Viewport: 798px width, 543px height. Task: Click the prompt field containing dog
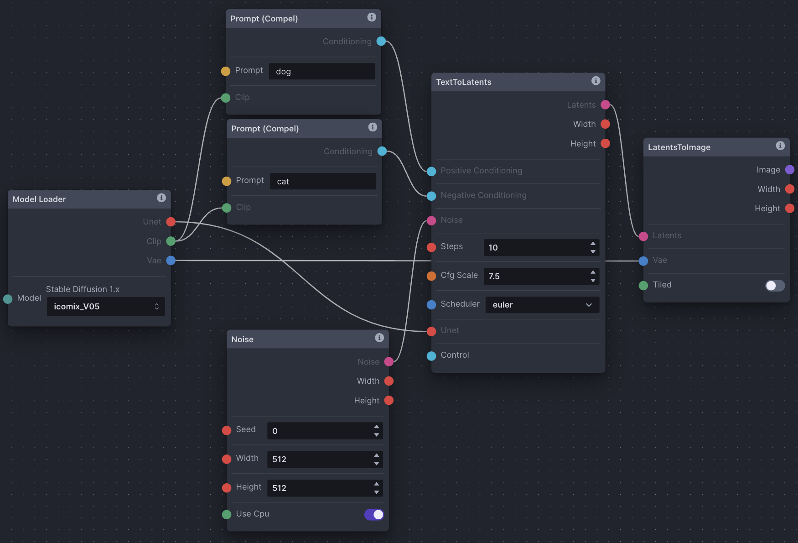point(322,71)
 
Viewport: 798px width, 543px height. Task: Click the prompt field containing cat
point(323,181)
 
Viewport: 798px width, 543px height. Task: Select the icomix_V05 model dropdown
point(106,306)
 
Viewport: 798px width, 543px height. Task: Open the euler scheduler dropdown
point(542,304)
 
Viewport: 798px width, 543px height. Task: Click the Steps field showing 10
point(541,247)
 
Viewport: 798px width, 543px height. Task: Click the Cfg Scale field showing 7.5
point(541,276)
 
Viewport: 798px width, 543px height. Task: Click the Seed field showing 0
point(325,431)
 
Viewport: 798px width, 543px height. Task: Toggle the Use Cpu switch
point(374,514)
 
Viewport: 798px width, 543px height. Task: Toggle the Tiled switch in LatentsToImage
point(775,285)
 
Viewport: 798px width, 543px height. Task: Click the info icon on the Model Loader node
point(161,198)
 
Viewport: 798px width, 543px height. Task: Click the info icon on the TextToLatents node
point(596,81)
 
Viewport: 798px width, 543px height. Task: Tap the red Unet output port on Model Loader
point(171,222)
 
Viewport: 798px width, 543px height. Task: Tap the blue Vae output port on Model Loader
point(171,261)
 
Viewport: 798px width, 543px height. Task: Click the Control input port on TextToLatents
point(431,356)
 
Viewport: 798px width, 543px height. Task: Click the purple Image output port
point(790,170)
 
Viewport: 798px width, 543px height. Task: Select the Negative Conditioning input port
point(431,196)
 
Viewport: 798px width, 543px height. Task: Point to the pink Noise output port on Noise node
point(389,362)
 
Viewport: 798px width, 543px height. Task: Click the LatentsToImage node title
point(679,147)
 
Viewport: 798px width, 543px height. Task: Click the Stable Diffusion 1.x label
point(83,289)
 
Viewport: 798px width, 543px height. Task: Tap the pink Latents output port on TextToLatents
point(605,105)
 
